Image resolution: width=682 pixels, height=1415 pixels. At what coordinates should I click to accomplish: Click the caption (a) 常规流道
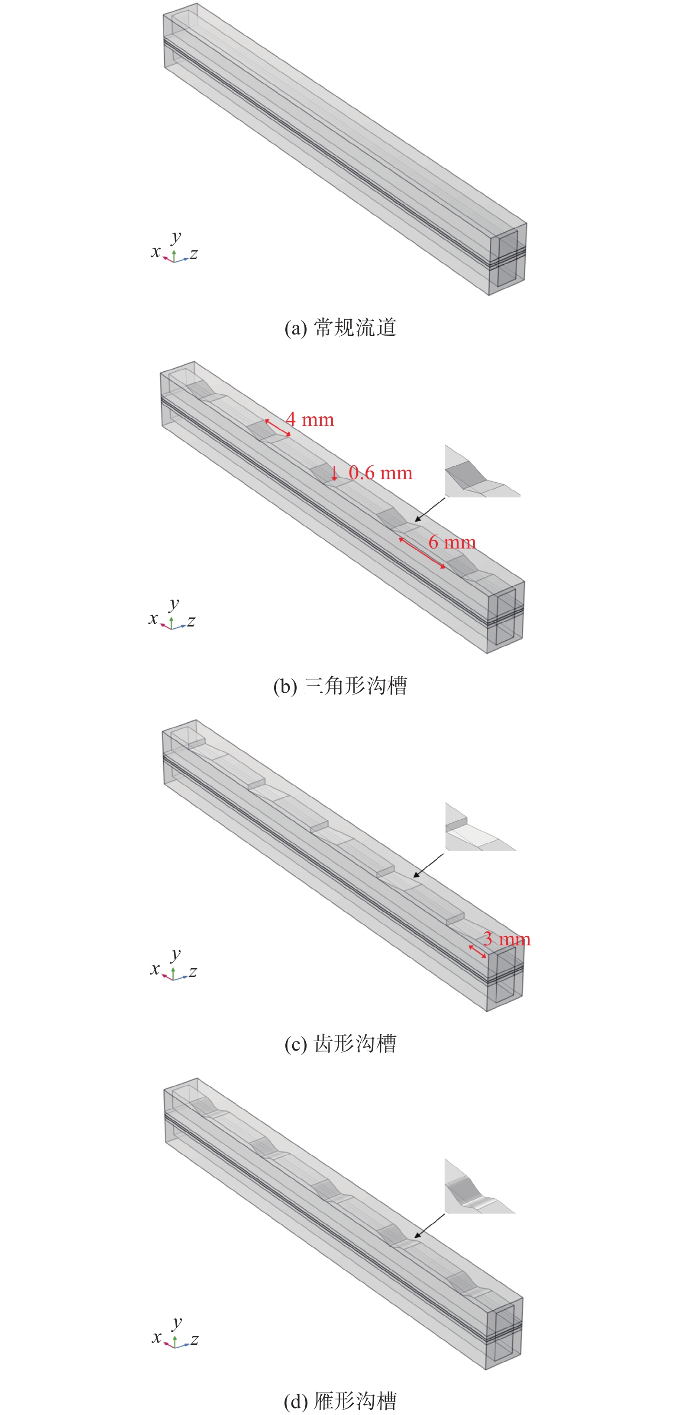point(340,328)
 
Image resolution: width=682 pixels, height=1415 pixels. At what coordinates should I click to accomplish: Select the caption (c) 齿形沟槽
point(340,1044)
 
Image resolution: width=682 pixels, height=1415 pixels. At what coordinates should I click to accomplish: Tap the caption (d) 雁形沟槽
point(340,1401)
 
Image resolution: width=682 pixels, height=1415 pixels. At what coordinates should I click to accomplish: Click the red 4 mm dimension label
point(310,420)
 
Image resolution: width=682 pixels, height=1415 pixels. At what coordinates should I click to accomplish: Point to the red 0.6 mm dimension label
point(381,473)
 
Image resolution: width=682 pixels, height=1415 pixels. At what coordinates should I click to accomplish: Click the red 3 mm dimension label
point(507,939)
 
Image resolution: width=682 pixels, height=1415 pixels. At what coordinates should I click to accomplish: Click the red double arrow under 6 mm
point(422,553)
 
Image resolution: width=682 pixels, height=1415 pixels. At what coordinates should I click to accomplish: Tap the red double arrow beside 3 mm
point(477,952)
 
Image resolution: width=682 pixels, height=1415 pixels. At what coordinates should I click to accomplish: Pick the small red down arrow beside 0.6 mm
point(334,473)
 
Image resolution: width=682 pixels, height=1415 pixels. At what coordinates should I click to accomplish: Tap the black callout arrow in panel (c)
point(428,866)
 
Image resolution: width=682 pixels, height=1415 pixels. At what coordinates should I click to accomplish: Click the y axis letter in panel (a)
point(175,236)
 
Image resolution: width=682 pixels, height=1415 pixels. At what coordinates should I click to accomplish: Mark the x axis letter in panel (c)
point(155,968)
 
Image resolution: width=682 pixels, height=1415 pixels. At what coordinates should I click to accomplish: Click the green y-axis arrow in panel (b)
point(171,622)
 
